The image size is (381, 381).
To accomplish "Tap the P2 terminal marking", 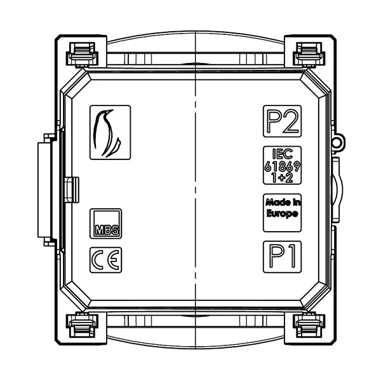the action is (x=283, y=121).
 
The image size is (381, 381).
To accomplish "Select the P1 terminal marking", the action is (x=283, y=257).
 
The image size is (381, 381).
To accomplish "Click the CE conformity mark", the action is (x=105, y=260).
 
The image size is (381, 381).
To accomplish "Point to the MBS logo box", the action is (x=105, y=224).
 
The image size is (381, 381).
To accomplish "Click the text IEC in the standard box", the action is (x=283, y=154).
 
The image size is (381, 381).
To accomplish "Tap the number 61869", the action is (x=283, y=166).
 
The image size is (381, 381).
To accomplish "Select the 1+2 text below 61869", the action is (x=283, y=178).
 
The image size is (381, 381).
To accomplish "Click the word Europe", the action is (x=282, y=213).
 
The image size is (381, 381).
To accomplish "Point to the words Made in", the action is (x=283, y=202).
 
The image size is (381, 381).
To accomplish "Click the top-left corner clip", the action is (x=82, y=55).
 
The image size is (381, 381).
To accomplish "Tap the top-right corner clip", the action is (x=309, y=55).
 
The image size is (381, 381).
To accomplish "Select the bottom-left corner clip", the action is (x=82, y=325).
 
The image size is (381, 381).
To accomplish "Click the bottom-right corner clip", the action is (x=309, y=325).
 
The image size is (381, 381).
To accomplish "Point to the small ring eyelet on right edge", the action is (x=338, y=141).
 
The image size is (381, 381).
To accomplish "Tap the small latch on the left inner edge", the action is (x=72, y=190).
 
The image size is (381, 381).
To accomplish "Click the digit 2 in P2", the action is (x=290, y=121).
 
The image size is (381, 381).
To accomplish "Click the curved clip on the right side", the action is (x=337, y=189).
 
